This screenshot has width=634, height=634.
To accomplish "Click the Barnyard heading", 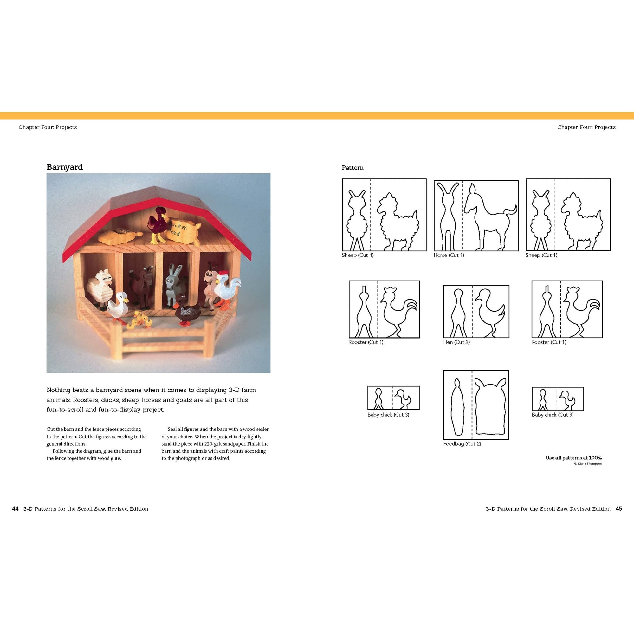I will point(64,167).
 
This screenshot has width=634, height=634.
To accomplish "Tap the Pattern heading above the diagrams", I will point(353,168).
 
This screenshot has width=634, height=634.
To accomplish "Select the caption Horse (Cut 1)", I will point(449,255).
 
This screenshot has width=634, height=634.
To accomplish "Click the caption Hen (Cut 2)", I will point(456,342).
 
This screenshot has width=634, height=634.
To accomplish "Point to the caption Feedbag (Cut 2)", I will point(462,444).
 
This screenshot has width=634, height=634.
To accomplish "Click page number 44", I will point(15,509).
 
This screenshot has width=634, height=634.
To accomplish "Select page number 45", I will point(618,509).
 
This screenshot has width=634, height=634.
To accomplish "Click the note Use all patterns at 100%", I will point(573,458).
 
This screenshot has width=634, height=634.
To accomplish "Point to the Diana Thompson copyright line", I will point(588,464).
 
